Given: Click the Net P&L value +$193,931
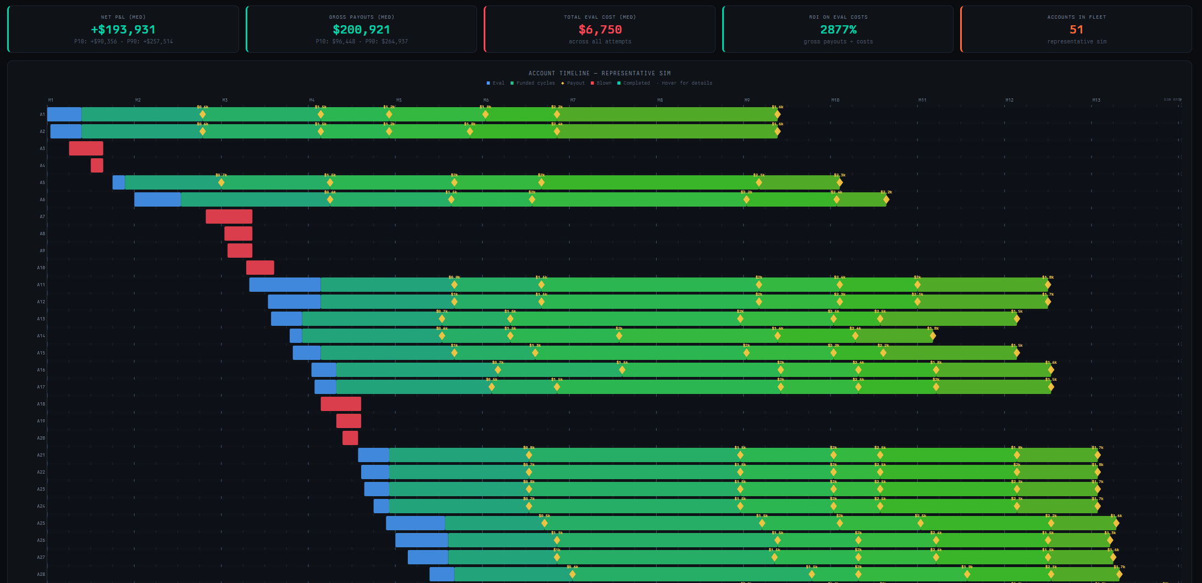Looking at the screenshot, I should click(123, 30).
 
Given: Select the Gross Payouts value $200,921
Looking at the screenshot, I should click(361, 30).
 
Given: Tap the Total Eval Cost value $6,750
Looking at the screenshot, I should click(600, 30).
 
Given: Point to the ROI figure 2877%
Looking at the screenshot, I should click(838, 30).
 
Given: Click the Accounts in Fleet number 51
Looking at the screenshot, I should click(1076, 30).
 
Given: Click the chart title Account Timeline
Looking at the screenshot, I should click(599, 73).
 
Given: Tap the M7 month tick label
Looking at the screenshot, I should click(573, 100).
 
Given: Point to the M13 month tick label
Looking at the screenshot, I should click(1096, 100).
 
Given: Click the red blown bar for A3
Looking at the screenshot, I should click(86, 148).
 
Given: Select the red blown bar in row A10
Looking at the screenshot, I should click(260, 268).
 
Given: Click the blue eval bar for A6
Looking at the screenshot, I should click(157, 199).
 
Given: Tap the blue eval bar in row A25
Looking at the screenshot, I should click(415, 523).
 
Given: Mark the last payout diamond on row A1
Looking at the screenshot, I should click(777, 114).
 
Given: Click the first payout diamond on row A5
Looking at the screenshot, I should click(221, 182).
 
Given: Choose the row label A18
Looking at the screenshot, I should click(41, 404).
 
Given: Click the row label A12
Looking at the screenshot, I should click(41, 302).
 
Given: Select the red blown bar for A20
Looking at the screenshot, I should click(350, 438).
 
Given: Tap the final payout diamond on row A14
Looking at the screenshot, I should click(933, 336).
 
